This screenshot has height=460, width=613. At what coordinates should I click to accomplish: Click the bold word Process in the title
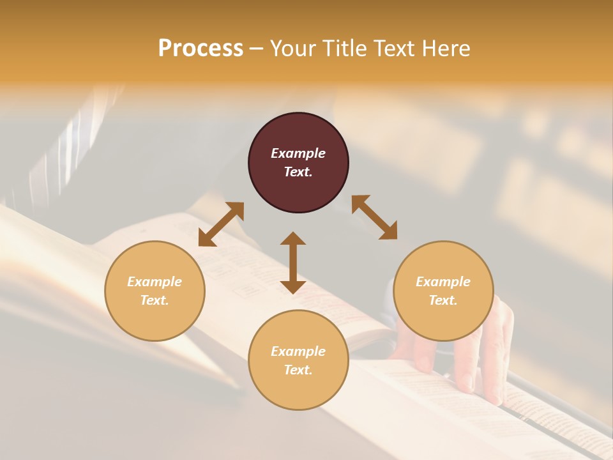(201, 49)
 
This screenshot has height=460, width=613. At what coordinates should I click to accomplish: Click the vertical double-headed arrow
(293, 263)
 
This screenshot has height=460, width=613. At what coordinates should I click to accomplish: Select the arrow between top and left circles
(221, 224)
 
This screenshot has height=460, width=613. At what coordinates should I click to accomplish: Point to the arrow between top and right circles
(375, 217)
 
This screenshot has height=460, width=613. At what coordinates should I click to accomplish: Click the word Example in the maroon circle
(298, 153)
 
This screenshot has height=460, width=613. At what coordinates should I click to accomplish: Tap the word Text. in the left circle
(155, 300)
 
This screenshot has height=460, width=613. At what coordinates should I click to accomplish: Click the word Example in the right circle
(443, 282)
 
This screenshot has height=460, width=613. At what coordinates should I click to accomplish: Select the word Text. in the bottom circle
(298, 370)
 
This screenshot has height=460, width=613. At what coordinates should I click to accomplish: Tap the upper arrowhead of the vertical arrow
(293, 239)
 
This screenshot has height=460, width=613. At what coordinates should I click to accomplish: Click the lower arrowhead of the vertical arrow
(293, 286)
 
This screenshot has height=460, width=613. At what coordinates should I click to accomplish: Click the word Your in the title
(292, 49)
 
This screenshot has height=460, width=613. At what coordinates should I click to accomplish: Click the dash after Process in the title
(256, 49)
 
